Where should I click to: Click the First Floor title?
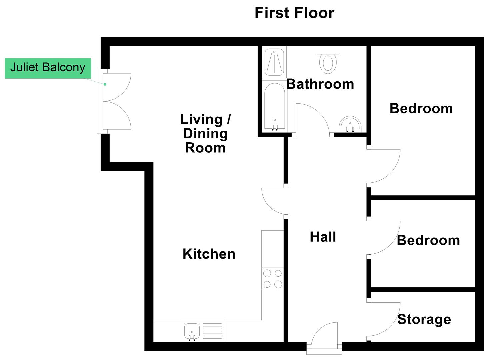(294, 13)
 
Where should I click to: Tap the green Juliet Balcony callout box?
(48, 68)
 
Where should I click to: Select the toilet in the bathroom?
(328, 60)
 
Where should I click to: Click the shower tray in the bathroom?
(274, 62)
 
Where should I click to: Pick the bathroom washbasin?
(350, 124)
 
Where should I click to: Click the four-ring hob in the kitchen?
(272, 279)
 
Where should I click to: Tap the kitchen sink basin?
(192, 331)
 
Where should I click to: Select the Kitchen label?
(209, 254)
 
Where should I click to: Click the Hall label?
(323, 237)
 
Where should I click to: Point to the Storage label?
(424, 320)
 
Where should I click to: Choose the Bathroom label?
(320, 84)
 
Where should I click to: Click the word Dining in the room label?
(205, 134)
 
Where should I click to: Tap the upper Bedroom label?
(421, 109)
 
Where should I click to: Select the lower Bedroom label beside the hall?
(428, 240)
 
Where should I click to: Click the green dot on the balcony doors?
(105, 84)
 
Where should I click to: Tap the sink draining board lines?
(212, 331)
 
